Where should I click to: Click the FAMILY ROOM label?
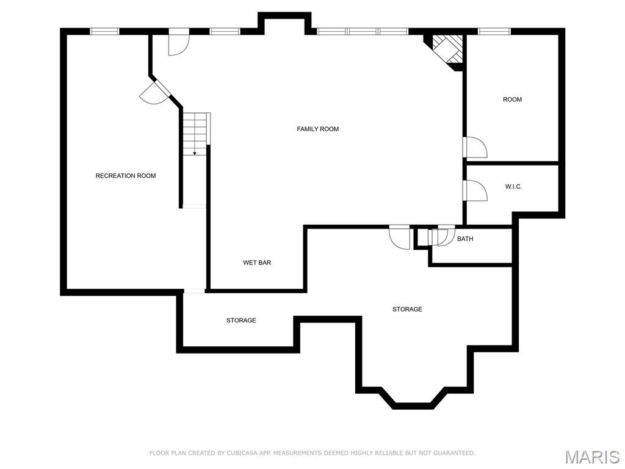point(317,129)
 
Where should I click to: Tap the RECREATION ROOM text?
point(126,175)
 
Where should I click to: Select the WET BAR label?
point(257,263)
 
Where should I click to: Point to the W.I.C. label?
point(513,186)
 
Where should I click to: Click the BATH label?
point(465,239)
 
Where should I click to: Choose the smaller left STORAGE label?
point(241,320)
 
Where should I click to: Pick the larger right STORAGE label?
point(407,309)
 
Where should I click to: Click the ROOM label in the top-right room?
point(512,100)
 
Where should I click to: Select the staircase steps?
point(196,134)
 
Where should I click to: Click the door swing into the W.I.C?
point(475,191)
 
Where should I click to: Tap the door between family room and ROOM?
point(475,147)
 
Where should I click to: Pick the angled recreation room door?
point(154,93)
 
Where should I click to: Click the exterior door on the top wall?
point(179,42)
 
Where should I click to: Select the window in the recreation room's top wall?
point(104,32)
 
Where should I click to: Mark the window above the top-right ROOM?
point(494,32)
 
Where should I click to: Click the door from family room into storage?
point(399,238)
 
